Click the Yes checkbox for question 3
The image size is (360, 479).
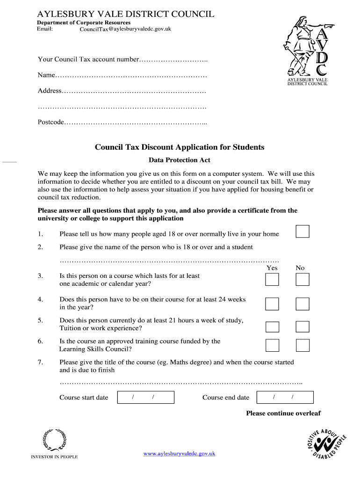point(272,280)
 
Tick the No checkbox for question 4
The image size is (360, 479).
point(302,304)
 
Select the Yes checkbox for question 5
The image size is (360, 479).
point(272,327)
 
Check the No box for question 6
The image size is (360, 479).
point(302,345)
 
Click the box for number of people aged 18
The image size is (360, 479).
point(302,231)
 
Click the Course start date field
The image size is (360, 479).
point(145,398)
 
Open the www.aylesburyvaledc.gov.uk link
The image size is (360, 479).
point(179,453)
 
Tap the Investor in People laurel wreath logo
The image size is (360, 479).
point(54,440)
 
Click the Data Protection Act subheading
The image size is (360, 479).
point(180,160)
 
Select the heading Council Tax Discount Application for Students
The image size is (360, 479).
point(180,147)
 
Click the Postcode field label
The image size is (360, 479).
point(50,122)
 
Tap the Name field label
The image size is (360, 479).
point(46,75)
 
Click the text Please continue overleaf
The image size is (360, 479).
point(283,413)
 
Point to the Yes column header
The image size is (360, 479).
point(272,268)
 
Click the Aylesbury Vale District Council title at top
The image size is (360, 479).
point(126,14)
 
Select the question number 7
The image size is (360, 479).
point(41,362)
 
